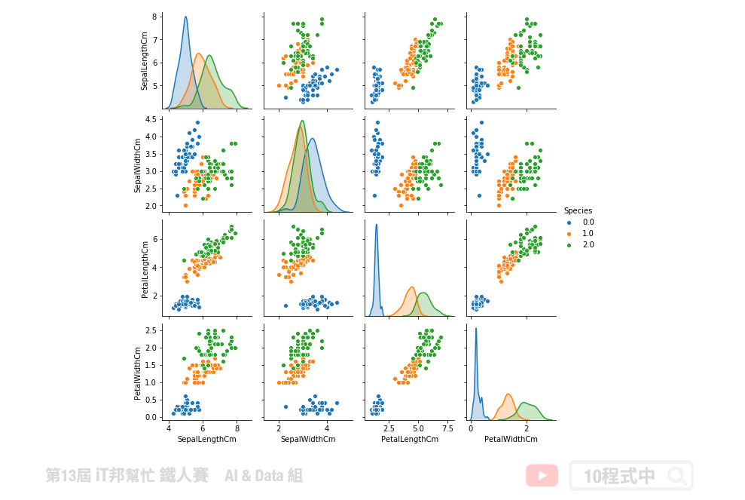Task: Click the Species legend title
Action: pos(578,210)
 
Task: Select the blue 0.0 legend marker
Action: pos(569,222)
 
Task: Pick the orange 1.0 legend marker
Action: pos(569,234)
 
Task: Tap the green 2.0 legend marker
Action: pos(569,245)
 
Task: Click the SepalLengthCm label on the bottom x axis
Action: pos(203,439)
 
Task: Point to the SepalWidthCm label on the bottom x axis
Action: pos(307,439)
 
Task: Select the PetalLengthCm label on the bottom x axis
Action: pos(410,439)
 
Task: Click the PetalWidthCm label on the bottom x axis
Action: pos(511,439)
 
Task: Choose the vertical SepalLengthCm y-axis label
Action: pos(145,61)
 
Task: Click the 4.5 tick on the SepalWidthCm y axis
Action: pos(151,119)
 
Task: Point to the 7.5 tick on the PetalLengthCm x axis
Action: pos(447,428)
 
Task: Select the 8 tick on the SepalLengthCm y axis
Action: pos(154,16)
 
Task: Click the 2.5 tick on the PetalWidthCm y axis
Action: pos(151,330)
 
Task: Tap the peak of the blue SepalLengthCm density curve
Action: pos(185,17)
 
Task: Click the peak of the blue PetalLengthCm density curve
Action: pos(376,224)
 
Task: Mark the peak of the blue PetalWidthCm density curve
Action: pos(475,328)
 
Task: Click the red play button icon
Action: pos(542,476)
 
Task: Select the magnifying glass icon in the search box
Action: pos(676,476)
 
